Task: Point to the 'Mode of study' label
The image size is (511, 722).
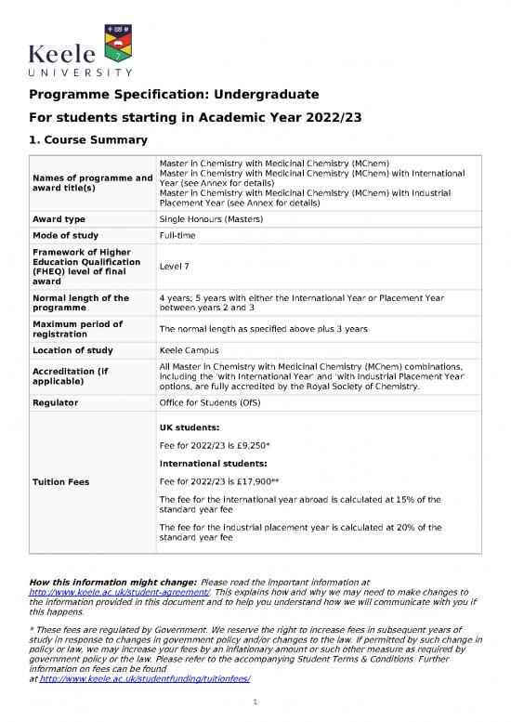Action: pos(67,238)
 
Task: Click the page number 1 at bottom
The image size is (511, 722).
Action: pos(255,704)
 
